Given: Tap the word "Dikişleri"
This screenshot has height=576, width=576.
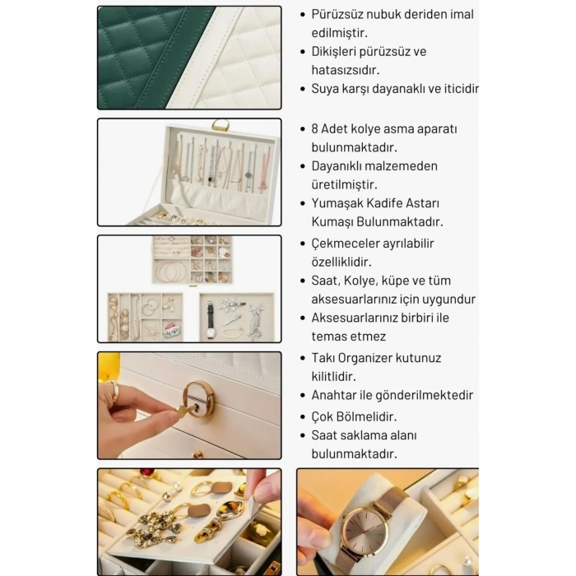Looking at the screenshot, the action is click(x=333, y=52).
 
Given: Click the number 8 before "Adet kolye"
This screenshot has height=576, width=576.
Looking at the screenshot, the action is click(x=314, y=129).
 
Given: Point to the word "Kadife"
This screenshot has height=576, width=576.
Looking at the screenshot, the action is click(x=385, y=203).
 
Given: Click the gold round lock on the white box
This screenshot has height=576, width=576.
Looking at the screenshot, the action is click(x=199, y=398).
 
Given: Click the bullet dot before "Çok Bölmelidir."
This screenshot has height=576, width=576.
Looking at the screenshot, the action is click(x=303, y=417).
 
